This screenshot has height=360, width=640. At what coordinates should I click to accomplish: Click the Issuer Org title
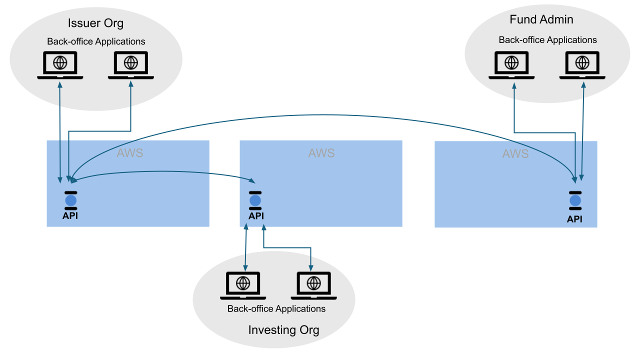click(95, 23)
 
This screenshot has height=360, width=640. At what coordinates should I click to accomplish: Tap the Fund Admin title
click(541, 19)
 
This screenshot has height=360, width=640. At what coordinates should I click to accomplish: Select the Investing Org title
click(283, 330)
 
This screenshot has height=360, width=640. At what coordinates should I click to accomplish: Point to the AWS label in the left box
click(130, 153)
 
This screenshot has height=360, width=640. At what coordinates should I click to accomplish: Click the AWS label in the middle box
click(321, 153)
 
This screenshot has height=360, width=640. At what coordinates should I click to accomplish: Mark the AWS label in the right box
click(515, 154)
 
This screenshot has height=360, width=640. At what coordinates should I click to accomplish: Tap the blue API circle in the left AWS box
click(70, 200)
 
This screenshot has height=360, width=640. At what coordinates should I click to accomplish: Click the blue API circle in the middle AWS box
click(255, 200)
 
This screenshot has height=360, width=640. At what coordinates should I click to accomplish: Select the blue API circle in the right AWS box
click(575, 201)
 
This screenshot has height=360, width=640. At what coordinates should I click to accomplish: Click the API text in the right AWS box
click(575, 219)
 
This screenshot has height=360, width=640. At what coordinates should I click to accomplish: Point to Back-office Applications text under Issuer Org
click(96, 41)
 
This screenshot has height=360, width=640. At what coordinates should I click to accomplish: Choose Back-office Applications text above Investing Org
click(276, 308)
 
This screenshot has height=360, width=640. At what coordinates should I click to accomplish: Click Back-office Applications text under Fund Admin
click(547, 40)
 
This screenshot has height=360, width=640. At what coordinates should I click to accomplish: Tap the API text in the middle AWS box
click(256, 216)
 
